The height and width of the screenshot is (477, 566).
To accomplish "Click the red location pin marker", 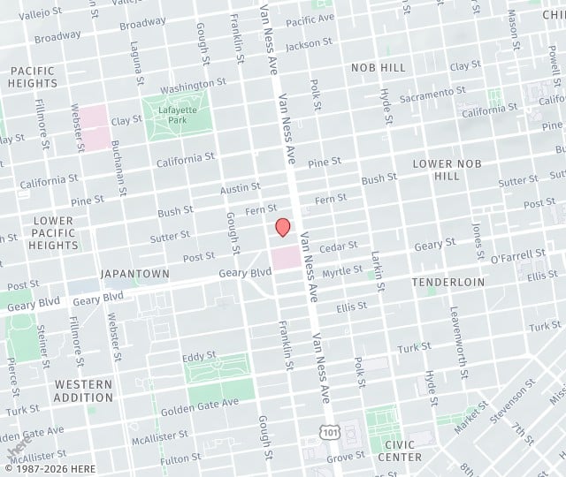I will (283, 227).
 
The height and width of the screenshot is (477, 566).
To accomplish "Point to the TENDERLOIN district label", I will (448, 282).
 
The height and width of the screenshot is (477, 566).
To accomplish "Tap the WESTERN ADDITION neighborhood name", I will (83, 391).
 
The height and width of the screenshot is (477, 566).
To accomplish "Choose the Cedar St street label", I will (339, 246).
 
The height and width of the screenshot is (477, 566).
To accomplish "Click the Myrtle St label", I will (342, 270).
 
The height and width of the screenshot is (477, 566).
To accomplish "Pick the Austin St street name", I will (240, 188).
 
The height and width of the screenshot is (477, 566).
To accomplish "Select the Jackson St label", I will (309, 42).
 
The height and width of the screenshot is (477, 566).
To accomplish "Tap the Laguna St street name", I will (135, 57).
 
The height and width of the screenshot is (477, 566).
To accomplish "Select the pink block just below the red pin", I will (285, 259).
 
